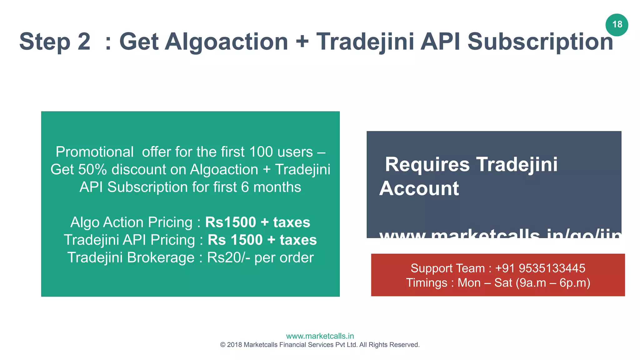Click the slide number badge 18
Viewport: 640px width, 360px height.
click(x=617, y=25)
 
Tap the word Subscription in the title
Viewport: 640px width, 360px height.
click(x=540, y=42)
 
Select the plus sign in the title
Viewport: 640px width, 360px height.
click(x=302, y=42)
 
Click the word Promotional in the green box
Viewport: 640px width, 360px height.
click(x=95, y=152)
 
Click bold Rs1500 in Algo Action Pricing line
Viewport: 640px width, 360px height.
click(x=230, y=222)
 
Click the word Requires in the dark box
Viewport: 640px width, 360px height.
click(x=427, y=165)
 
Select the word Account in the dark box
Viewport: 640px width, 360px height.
click(x=419, y=189)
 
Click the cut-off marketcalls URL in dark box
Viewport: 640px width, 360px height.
click(x=500, y=233)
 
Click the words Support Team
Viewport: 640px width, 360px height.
click(x=447, y=268)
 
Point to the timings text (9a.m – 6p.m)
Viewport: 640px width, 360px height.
click(x=552, y=283)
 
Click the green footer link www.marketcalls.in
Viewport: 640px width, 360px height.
click(x=320, y=336)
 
